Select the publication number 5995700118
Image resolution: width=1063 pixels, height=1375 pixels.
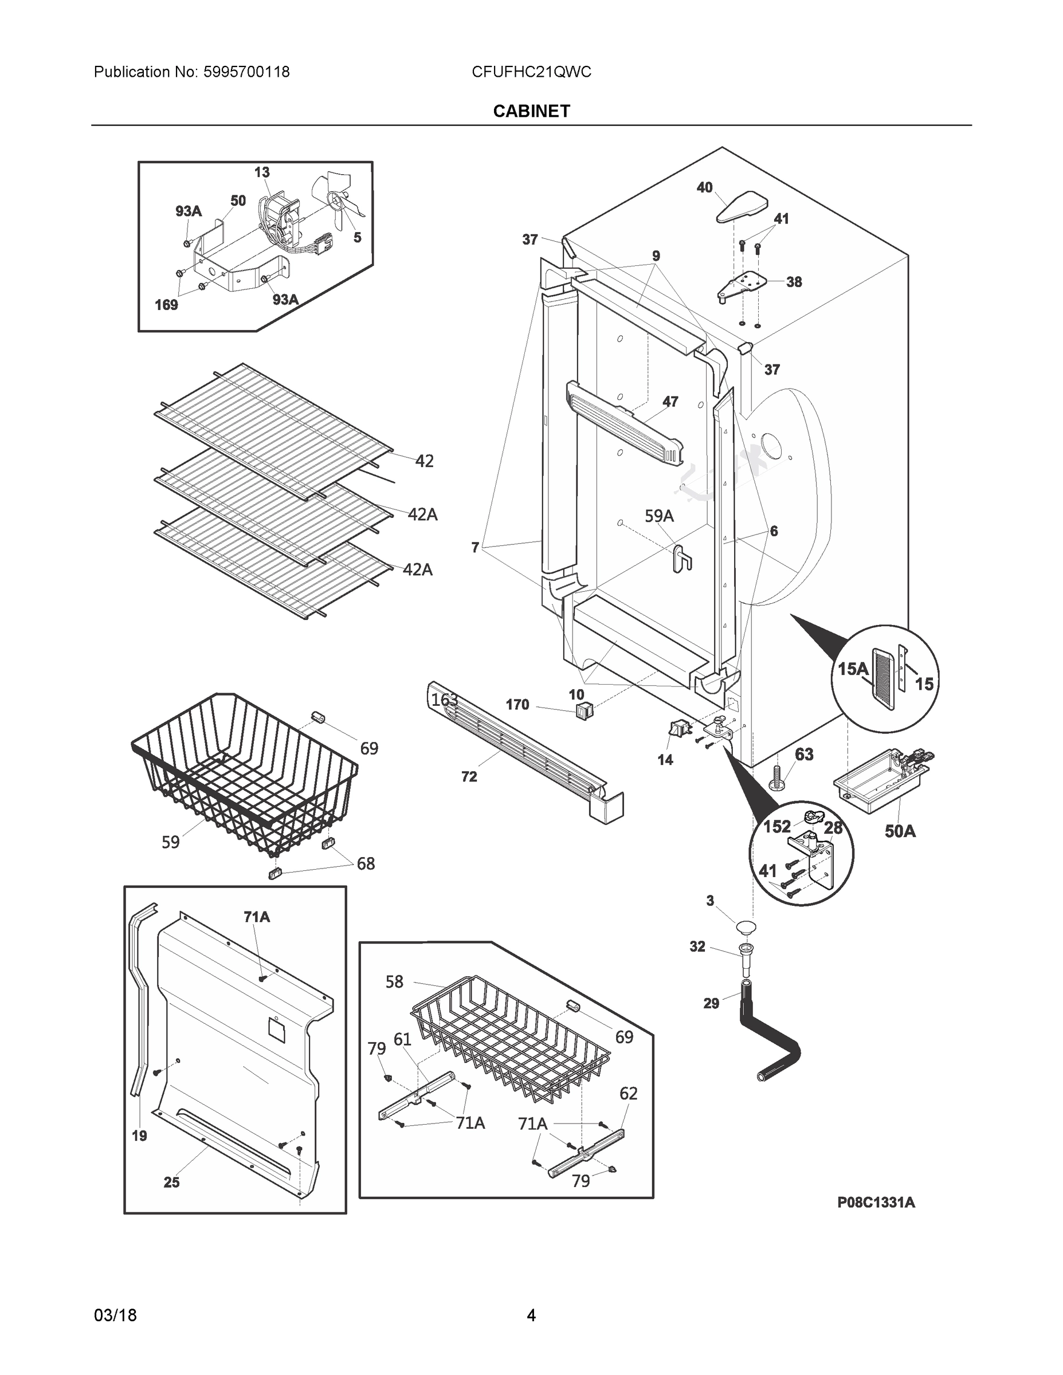coord(246,72)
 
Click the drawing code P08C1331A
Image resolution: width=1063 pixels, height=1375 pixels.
coord(876,1202)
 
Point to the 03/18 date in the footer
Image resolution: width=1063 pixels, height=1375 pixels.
coord(115,1315)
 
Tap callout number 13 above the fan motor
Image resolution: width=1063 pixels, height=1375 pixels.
coord(262,172)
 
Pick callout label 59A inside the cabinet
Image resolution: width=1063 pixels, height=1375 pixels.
coord(658,516)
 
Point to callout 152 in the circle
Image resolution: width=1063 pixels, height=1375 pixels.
coord(776,827)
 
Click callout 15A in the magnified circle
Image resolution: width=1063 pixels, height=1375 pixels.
coord(853,669)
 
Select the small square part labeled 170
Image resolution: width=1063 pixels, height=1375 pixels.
coord(584,712)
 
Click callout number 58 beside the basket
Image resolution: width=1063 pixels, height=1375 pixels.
coord(394,981)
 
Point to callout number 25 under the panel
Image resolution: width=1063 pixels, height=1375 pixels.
coord(171,1182)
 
